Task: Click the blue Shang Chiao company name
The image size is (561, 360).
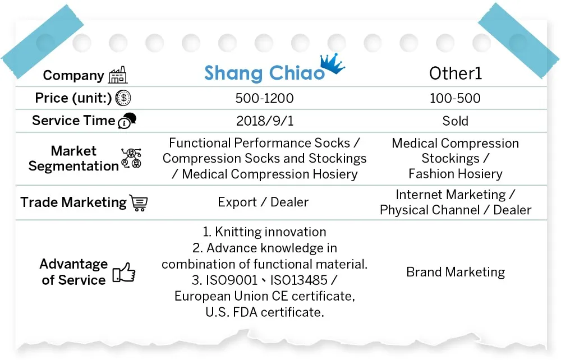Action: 264,73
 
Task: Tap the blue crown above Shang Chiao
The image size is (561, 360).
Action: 332,63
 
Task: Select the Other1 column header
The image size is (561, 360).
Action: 456,73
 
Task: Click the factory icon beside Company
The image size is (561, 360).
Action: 118,75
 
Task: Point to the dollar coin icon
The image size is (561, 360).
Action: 123,98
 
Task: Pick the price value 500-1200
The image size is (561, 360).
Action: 264,98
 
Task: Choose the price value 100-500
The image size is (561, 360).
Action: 455,98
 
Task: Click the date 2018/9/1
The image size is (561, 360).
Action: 265,121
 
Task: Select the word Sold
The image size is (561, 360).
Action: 455,121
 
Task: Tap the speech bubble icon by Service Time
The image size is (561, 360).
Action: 127,121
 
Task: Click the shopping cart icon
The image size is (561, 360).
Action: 139,202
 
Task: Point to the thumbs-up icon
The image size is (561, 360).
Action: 124,273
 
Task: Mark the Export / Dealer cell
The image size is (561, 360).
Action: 263,202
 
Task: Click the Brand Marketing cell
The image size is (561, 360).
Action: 456,272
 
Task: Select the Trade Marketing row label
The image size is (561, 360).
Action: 73,202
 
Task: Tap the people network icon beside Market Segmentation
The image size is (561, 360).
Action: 131,158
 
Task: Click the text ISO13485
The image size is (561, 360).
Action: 299,280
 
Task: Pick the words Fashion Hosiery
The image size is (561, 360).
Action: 456,174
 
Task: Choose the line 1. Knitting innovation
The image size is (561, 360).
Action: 264,232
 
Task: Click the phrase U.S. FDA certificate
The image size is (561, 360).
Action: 265,312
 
